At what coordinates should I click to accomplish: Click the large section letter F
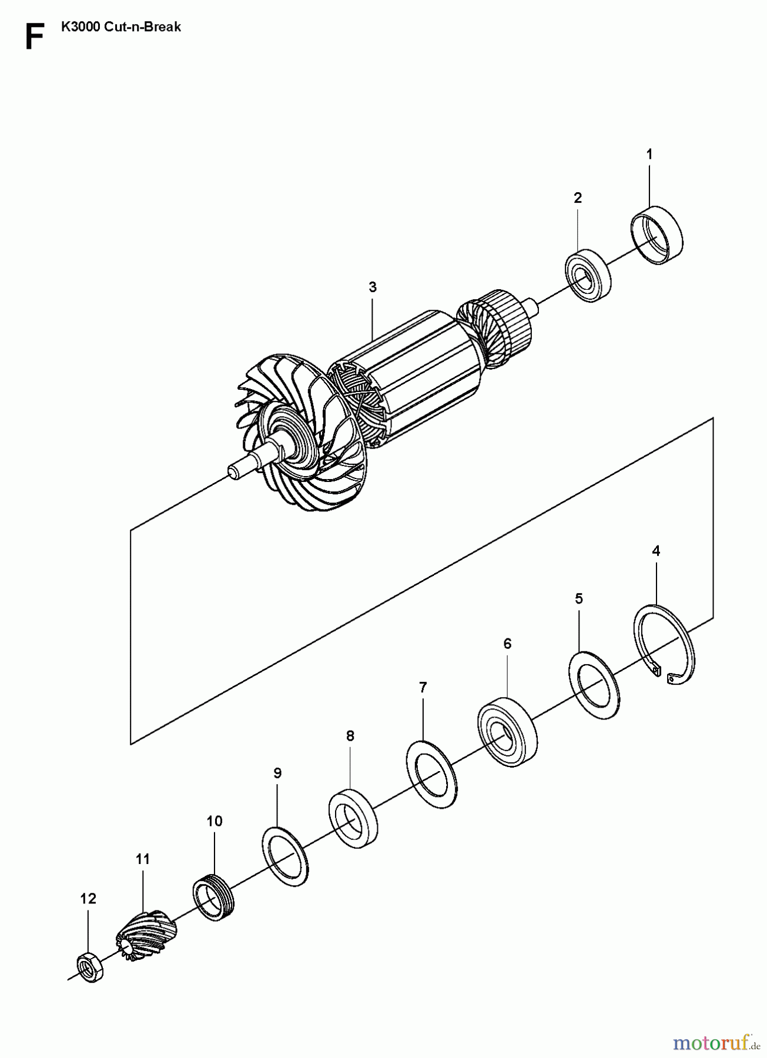pyautogui.click(x=35, y=37)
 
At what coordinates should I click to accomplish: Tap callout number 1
pyautogui.click(x=649, y=154)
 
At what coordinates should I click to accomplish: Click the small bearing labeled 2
pyautogui.click(x=587, y=276)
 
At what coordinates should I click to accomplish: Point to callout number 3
pyautogui.click(x=372, y=287)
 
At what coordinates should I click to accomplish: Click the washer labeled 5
pyautogui.click(x=594, y=684)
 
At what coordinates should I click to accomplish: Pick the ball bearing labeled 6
pyautogui.click(x=507, y=731)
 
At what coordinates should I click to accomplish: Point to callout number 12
pyautogui.click(x=88, y=899)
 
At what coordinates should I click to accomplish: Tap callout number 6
pyautogui.click(x=507, y=644)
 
